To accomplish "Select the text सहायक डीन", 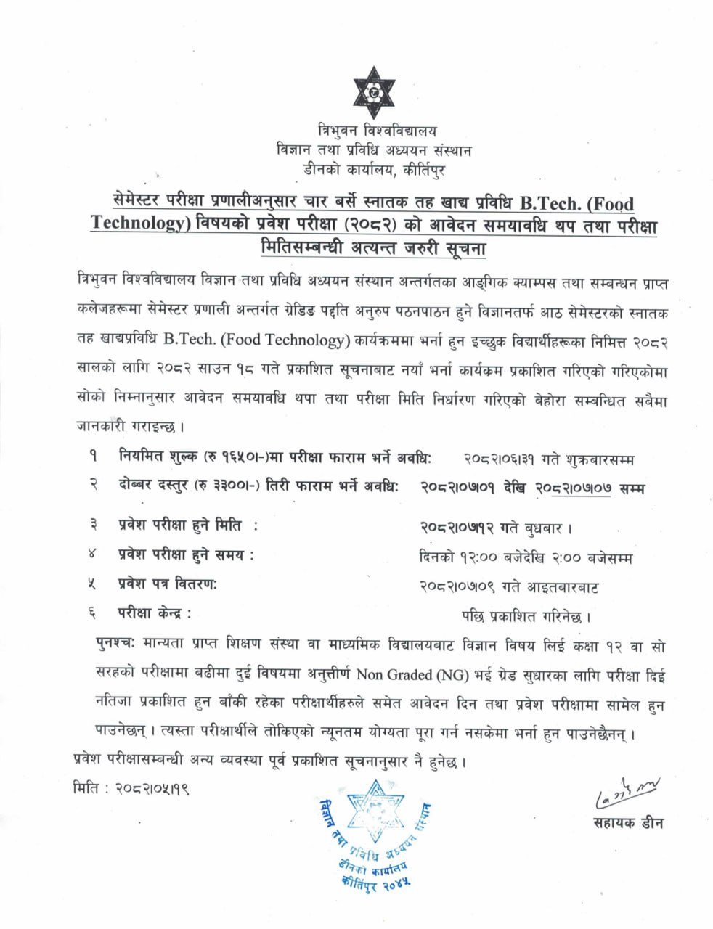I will [627, 824].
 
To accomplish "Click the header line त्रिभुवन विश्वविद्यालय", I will [378, 131].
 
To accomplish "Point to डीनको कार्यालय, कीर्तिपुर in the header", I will [375, 170].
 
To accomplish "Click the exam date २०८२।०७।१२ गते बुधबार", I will [497, 528].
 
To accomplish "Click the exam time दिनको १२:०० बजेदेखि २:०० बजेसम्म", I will [526, 558].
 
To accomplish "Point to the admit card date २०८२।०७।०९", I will [459, 587].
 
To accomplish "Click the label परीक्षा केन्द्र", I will [155, 613].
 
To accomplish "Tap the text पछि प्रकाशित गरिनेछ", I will [527, 617].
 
